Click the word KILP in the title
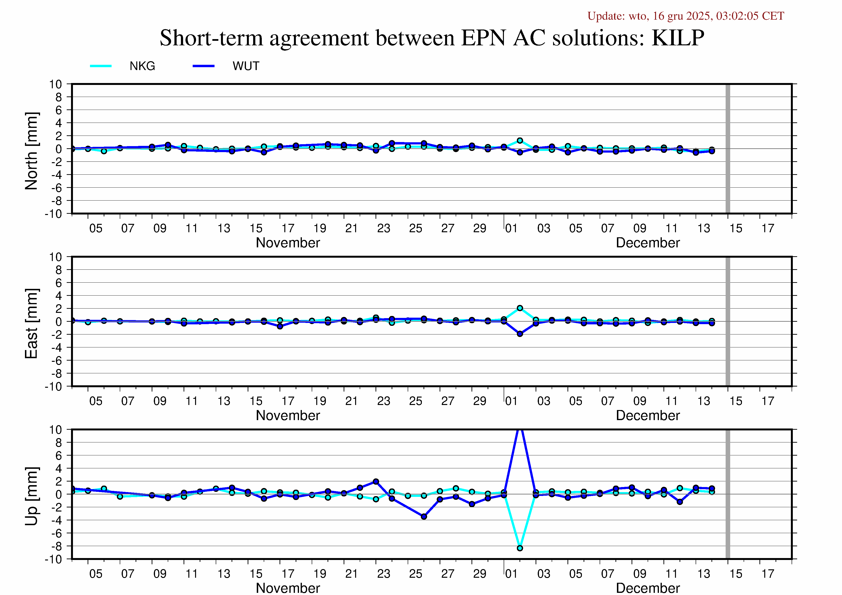click(677, 38)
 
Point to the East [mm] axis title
click(31, 323)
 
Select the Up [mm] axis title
click(31, 496)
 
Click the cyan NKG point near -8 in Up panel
click(520, 548)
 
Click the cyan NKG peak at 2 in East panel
click(520, 308)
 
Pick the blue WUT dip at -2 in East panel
click(520, 334)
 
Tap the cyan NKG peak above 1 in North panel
click(520, 140)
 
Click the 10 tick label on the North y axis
click(55, 84)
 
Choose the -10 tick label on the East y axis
click(53, 387)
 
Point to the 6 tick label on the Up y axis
click(58, 455)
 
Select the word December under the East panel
click(648, 415)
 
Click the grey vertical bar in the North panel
click(728, 149)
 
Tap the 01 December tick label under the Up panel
click(511, 574)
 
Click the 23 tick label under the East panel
click(384, 401)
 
